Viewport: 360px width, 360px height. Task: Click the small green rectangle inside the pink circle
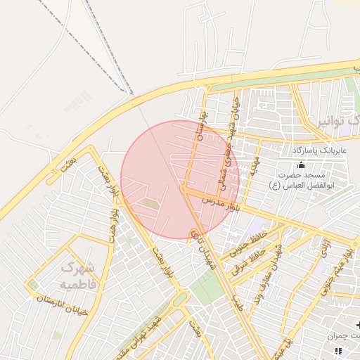coord(149,204)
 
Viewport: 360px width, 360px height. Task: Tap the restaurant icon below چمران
coord(338,350)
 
